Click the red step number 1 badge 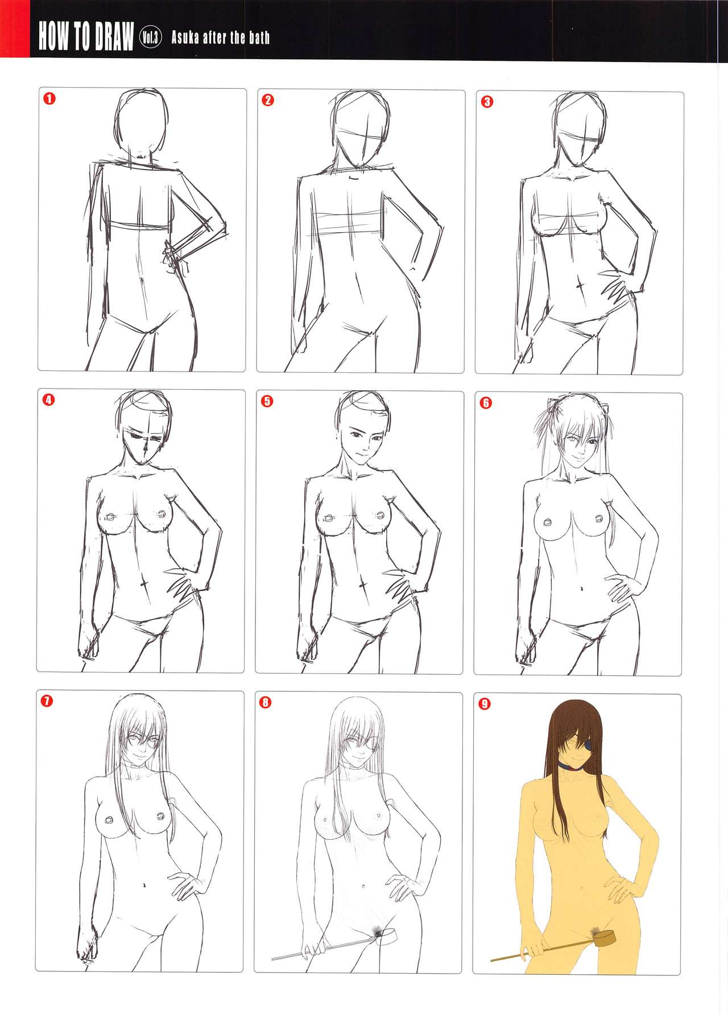(49, 99)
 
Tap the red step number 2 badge (268, 101)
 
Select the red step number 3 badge (486, 102)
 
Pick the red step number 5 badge (267, 401)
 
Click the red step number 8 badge (266, 702)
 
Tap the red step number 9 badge (484, 704)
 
